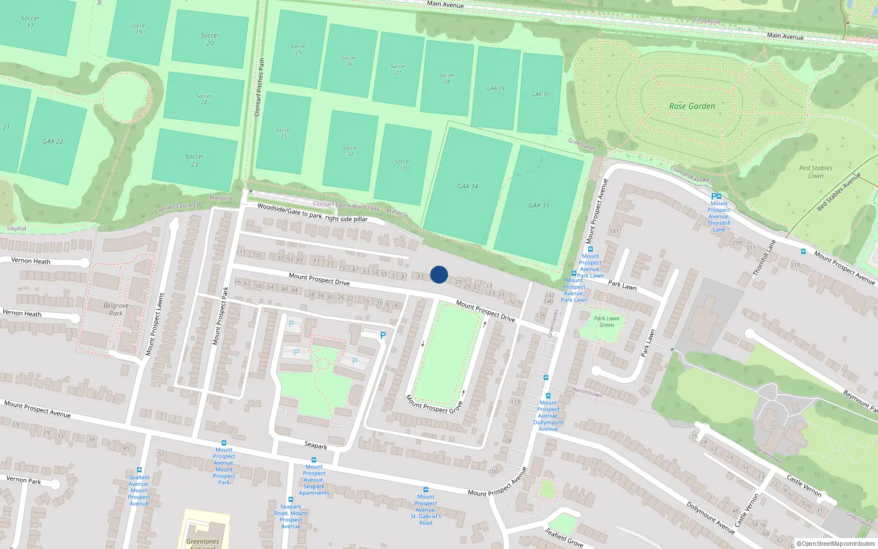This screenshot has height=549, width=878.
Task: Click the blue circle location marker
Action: coord(439,274)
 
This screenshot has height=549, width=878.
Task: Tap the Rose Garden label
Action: coord(692,107)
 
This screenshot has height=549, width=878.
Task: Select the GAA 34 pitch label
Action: coord(468,187)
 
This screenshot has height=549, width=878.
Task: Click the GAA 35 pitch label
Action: coord(538,205)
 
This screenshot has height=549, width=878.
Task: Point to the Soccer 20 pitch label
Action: coord(210,39)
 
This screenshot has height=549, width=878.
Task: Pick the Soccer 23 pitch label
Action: coord(194,160)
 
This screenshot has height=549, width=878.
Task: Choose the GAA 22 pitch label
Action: coord(53,142)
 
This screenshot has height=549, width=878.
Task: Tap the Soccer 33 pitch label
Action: coord(402,165)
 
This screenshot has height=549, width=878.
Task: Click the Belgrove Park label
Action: coord(116,310)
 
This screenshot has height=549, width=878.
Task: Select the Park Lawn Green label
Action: coord(606,322)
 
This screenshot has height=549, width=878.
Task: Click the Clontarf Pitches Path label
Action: coord(260,87)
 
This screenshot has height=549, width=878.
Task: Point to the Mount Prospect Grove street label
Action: coord(434,404)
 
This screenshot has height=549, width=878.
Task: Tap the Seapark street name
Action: coord(316,446)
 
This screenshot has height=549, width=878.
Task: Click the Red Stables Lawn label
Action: coord(815,172)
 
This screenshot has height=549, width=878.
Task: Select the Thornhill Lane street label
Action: coord(764,257)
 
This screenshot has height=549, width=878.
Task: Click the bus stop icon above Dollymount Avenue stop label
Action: coord(548,395)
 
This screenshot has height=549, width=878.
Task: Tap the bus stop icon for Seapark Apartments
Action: coord(314,460)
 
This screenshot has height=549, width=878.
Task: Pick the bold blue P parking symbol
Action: coord(383,335)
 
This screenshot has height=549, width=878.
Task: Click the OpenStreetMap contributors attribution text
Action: coord(835,544)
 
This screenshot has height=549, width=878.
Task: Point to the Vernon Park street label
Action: coord(24,480)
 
